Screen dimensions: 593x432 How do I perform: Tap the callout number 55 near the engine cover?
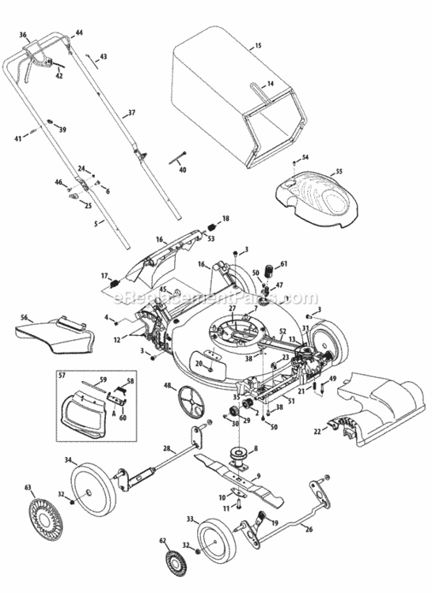pyautogui.click(x=339, y=172)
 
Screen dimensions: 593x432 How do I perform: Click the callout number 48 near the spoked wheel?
pyautogui.click(x=168, y=386)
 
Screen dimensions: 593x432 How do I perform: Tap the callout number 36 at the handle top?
pyautogui.click(x=23, y=36)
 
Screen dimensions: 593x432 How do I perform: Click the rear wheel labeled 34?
pyautogui.click(x=93, y=484)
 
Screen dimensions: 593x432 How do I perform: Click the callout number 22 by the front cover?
pyautogui.click(x=318, y=431)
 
